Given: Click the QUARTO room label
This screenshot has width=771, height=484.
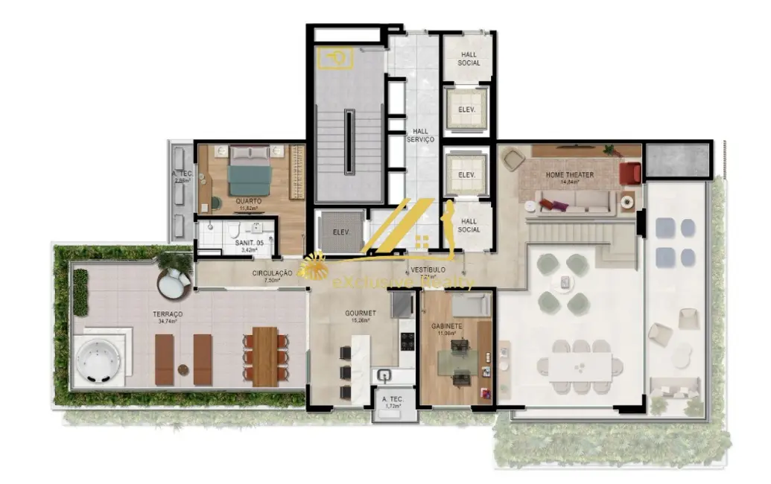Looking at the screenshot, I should click(247, 200).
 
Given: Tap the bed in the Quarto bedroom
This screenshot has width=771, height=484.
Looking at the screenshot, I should click(248, 170).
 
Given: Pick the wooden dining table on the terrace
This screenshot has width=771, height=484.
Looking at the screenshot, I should click(265, 356).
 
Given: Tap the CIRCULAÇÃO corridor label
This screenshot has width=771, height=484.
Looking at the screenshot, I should click(272, 273).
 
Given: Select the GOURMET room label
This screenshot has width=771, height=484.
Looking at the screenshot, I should click(360, 313).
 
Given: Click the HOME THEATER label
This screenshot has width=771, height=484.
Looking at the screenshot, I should click(569, 175).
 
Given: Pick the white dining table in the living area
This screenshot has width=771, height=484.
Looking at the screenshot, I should click(581, 367).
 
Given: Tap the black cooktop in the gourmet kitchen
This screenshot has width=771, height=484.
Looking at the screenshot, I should click(408, 341).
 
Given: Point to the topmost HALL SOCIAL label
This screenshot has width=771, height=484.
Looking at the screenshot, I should click(469, 58).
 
